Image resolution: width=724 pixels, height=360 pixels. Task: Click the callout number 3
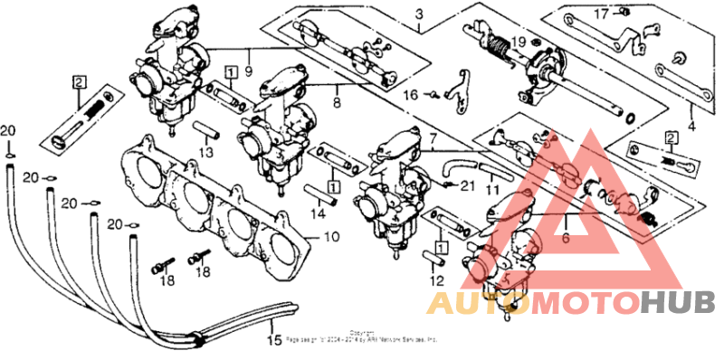(x=419, y=14)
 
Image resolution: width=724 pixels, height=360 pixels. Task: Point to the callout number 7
(x=432, y=139)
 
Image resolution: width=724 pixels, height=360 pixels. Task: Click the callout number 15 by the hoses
(x=274, y=341)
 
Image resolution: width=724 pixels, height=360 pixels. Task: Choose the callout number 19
(x=519, y=43)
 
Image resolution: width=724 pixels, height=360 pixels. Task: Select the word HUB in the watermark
(x=678, y=302)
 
